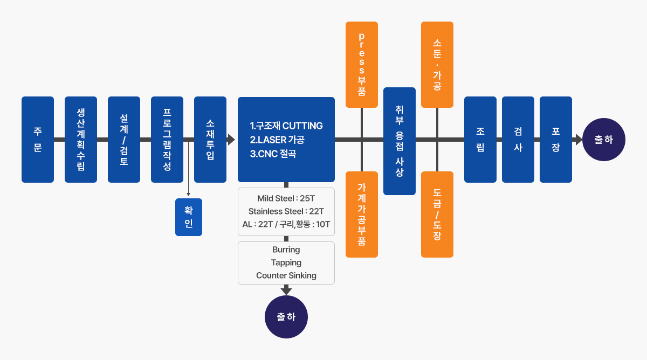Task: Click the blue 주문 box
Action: click(38, 140)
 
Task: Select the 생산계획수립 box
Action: click(81, 140)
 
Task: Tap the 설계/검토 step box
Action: click(124, 140)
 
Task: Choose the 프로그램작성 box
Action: click(167, 140)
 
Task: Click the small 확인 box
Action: click(189, 217)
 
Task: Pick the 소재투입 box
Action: click(210, 140)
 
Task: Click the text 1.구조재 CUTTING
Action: click(286, 126)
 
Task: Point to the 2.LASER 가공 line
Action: click(277, 140)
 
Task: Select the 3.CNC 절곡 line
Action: click(273, 154)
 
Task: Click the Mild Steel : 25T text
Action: click(286, 198)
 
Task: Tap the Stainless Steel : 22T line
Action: click(286, 211)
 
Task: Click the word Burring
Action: click(286, 250)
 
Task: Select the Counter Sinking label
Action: click(286, 275)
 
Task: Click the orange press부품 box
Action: click(362, 65)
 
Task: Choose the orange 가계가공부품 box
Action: click(362, 214)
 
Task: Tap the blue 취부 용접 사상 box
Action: click(400, 141)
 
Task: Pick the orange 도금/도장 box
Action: click(437, 214)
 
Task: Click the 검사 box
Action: click(518, 140)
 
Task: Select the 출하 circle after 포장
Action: click(604, 140)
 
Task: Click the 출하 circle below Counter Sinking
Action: click(286, 317)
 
